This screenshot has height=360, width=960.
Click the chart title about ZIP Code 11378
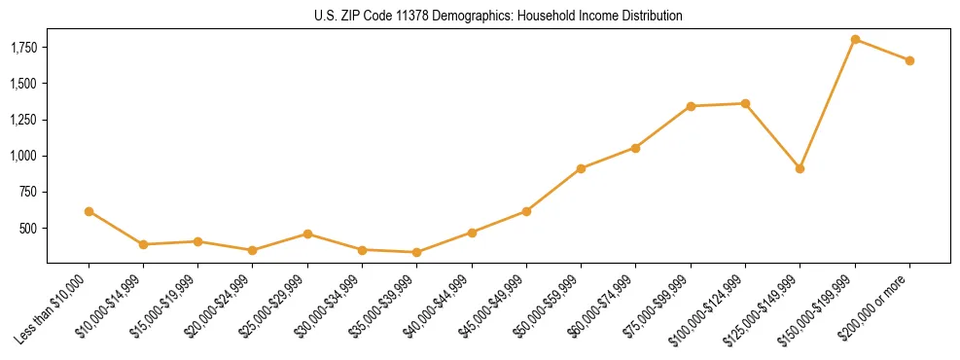(x=498, y=16)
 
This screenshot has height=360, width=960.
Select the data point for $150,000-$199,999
(x=855, y=39)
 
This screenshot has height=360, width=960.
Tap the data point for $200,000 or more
(x=909, y=60)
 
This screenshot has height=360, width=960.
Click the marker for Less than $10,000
(x=89, y=211)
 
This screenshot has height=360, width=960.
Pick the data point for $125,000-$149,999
(x=800, y=168)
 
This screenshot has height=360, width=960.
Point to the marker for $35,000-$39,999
(x=416, y=253)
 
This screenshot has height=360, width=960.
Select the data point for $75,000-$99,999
(x=691, y=106)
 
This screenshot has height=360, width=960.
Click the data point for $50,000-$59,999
(x=581, y=168)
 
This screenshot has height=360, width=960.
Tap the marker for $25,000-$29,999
(x=307, y=234)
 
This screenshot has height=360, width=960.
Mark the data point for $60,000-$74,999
(x=635, y=148)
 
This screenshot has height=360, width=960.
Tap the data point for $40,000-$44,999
(x=472, y=233)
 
